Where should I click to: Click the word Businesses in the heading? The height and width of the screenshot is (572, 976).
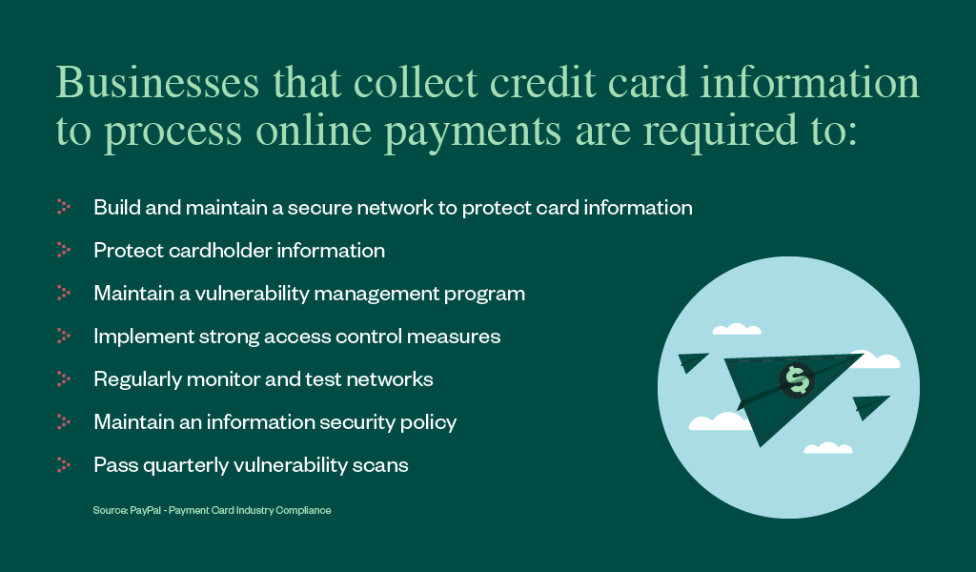[x=157, y=82]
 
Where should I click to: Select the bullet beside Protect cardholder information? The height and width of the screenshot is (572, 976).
[x=64, y=250]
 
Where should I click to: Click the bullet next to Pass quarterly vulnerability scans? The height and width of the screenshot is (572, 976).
[x=64, y=464]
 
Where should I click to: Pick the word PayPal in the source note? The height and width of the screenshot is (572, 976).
[x=145, y=510]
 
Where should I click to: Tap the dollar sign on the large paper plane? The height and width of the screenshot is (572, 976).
[x=797, y=379]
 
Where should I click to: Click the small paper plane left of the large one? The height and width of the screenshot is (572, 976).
[x=692, y=361]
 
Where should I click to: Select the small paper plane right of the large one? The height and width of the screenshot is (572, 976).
[x=870, y=406]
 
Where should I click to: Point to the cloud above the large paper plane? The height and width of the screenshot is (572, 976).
[x=737, y=329]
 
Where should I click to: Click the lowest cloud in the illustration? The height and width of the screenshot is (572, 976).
[x=828, y=447]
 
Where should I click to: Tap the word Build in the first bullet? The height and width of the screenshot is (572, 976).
[x=117, y=207]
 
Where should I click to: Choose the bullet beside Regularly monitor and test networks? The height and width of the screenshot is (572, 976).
[x=64, y=378]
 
